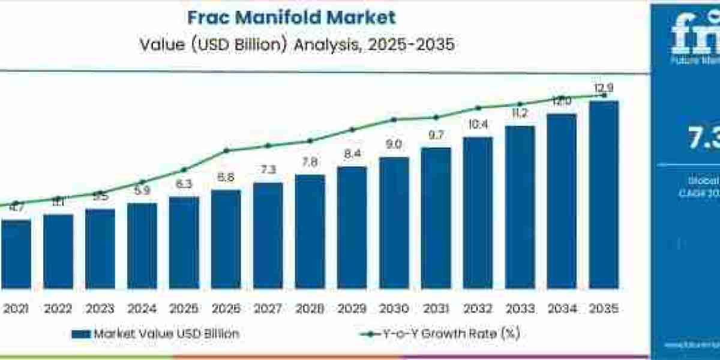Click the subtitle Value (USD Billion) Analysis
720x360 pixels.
click(296, 44)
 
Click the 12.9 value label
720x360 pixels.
click(604, 89)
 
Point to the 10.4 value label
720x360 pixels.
click(478, 125)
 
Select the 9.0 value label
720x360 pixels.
click(394, 145)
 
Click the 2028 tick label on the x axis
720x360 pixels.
click(310, 309)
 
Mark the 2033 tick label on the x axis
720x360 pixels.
click(520, 309)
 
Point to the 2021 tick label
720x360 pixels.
click(16, 309)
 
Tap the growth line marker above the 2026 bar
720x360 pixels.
click(226, 151)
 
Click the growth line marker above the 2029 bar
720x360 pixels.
click(352, 130)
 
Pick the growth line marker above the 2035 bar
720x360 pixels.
click(604, 95)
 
